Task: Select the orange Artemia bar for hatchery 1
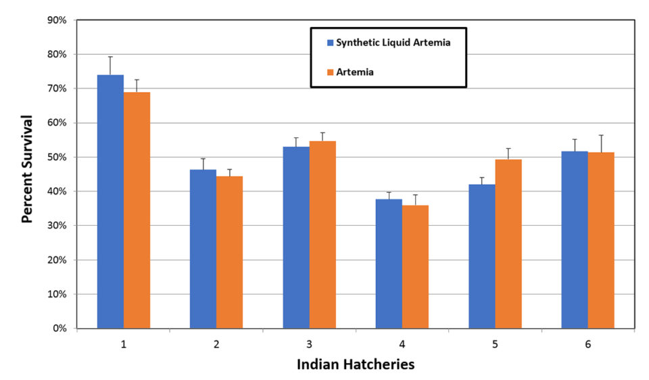pyautogui.click(x=137, y=210)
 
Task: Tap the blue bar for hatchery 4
pyautogui.click(x=389, y=264)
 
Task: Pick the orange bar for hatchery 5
pyautogui.click(x=508, y=243)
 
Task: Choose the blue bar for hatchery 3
pyautogui.click(x=296, y=237)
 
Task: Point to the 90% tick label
pyautogui.click(x=57, y=20)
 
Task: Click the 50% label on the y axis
pyautogui.click(x=57, y=157)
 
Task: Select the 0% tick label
pyautogui.click(x=59, y=329)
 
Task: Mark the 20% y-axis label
pyautogui.click(x=57, y=260)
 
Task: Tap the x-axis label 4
pyautogui.click(x=402, y=344)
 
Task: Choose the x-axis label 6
pyautogui.click(x=588, y=344)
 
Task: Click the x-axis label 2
pyautogui.click(x=216, y=344)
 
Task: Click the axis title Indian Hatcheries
pyautogui.click(x=356, y=364)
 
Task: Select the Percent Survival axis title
pyautogui.click(x=28, y=169)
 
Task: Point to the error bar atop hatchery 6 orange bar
pyautogui.click(x=601, y=143)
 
